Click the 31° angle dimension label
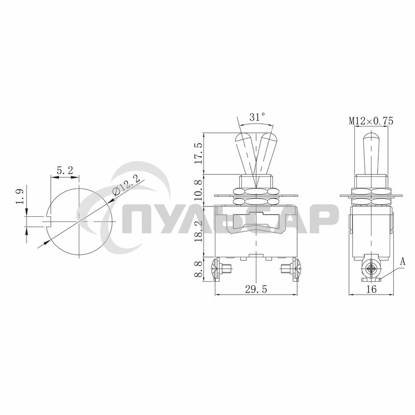pos(257,118)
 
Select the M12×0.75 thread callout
pos(371,121)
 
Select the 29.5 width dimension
pos(256,290)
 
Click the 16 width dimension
pos(371,290)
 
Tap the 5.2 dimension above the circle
pos(64,170)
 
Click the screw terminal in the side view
pos(370,269)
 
